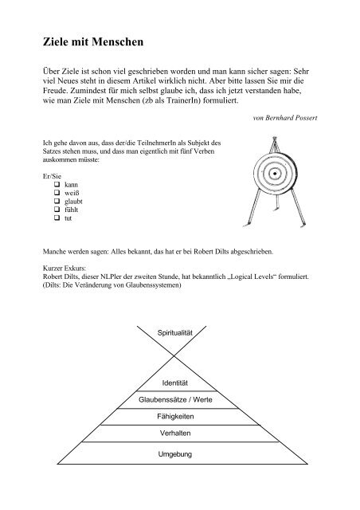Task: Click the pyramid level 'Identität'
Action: tap(179, 385)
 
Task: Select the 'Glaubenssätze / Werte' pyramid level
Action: tap(179, 402)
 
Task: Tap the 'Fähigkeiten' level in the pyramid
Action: tap(179, 417)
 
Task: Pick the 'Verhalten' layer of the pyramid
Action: tap(179, 434)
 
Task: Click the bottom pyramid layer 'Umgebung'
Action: tap(179, 454)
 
